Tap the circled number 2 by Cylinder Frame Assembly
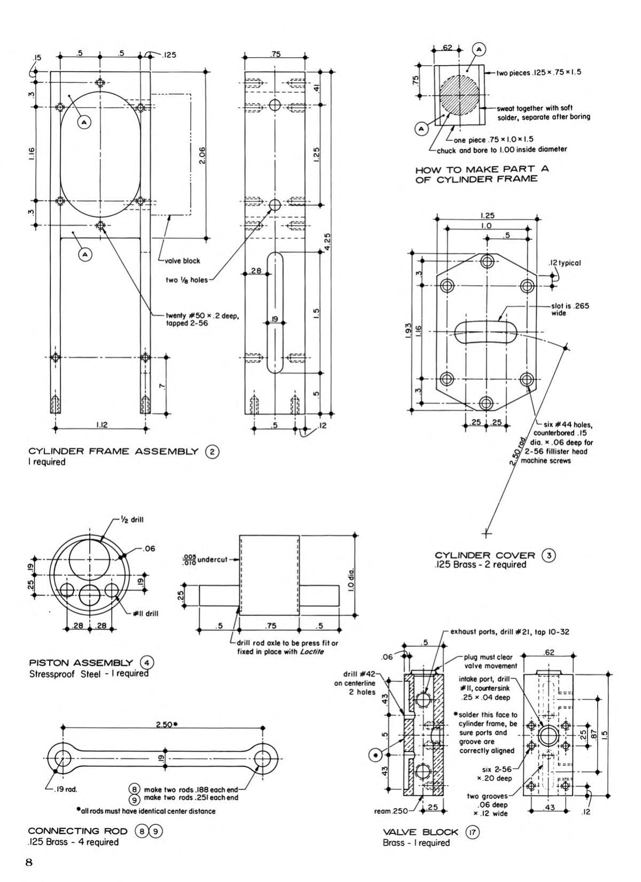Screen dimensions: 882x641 point(212,451)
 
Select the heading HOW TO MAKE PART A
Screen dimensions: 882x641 point(482,169)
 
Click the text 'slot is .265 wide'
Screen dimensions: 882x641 point(569,309)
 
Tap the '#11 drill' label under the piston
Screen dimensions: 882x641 point(145,613)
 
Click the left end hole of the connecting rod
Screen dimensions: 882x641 point(62,758)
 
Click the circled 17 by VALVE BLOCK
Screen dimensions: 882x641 point(472,832)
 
